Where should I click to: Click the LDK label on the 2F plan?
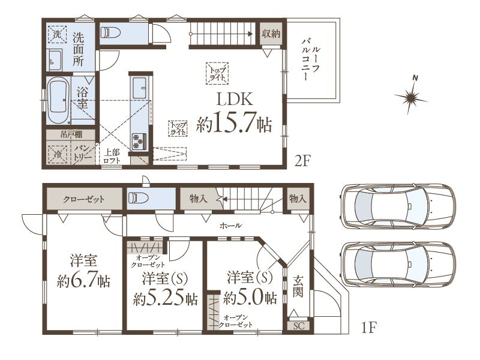click(235, 99)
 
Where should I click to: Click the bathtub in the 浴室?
click(58, 100)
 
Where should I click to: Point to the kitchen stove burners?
click(139, 142)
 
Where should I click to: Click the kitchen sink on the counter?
click(139, 88)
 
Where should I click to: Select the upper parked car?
click(398, 206)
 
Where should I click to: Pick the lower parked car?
click(398, 264)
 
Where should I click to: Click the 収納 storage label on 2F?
click(271, 33)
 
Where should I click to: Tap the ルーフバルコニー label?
click(310, 59)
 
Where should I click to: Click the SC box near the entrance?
click(299, 326)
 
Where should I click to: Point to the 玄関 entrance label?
click(298, 287)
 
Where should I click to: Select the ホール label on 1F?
click(230, 226)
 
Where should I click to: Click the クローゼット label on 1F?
click(83, 200)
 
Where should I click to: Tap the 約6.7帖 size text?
click(83, 280)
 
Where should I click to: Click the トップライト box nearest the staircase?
click(217, 73)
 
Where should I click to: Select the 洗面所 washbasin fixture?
click(55, 59)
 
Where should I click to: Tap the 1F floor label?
click(368, 328)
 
